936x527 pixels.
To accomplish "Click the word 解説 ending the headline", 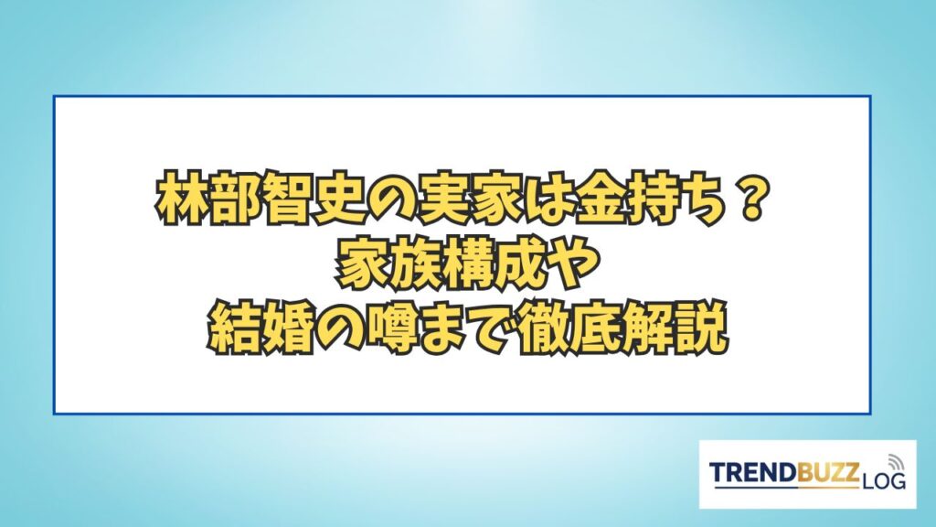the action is click(674, 328).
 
